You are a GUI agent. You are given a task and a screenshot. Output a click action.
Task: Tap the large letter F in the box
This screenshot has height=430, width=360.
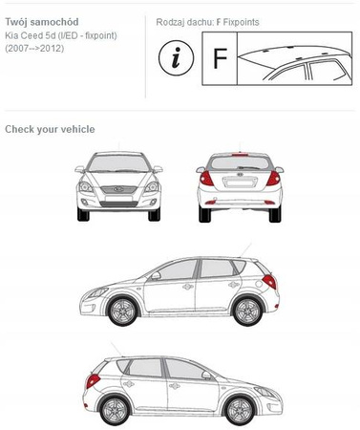(220, 58)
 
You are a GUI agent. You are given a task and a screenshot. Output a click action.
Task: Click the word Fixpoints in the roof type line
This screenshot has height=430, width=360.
(241, 22)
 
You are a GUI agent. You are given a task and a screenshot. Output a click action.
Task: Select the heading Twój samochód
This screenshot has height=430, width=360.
(42, 22)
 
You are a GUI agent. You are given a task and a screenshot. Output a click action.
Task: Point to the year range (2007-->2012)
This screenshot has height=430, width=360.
(34, 49)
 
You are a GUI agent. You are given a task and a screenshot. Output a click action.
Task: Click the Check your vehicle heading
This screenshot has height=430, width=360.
(50, 129)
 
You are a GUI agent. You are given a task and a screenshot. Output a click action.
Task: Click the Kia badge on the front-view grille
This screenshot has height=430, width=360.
(118, 189)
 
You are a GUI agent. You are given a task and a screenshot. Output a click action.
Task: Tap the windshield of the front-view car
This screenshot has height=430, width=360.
(118, 163)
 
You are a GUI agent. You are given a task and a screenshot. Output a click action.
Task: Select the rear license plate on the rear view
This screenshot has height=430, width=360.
(240, 183)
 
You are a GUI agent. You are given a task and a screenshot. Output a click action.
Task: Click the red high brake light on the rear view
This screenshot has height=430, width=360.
(240, 155)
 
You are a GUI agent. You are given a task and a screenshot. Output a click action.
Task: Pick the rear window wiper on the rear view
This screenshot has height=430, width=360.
(248, 167)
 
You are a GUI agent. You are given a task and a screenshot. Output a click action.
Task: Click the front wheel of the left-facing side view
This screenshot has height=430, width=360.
(122, 311)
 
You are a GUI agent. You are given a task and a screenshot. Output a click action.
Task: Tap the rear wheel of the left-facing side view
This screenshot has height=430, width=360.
(247, 311)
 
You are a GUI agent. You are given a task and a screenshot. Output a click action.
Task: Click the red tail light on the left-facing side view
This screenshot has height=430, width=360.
(269, 282)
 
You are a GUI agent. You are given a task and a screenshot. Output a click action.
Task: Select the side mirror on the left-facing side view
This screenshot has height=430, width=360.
(156, 276)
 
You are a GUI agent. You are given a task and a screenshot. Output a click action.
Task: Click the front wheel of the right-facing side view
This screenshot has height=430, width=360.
(240, 410)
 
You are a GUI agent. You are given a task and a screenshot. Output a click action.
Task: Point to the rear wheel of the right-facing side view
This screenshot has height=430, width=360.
(115, 410)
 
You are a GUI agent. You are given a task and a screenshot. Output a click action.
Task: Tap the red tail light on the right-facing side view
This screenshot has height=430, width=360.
(93, 381)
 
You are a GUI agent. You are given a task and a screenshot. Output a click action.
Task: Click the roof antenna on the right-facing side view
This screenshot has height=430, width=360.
(116, 349)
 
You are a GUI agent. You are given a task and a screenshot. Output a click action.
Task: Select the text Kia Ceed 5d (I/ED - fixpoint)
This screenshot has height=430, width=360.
(61, 35)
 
